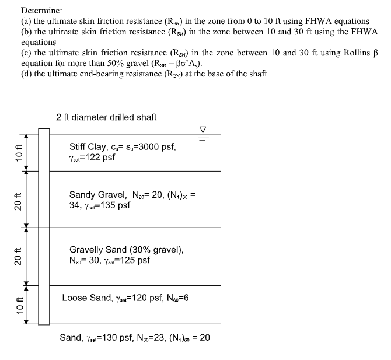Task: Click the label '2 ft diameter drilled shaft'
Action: (106, 117)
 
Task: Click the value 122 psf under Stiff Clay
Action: (92, 158)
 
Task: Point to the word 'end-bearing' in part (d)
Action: (104, 74)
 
